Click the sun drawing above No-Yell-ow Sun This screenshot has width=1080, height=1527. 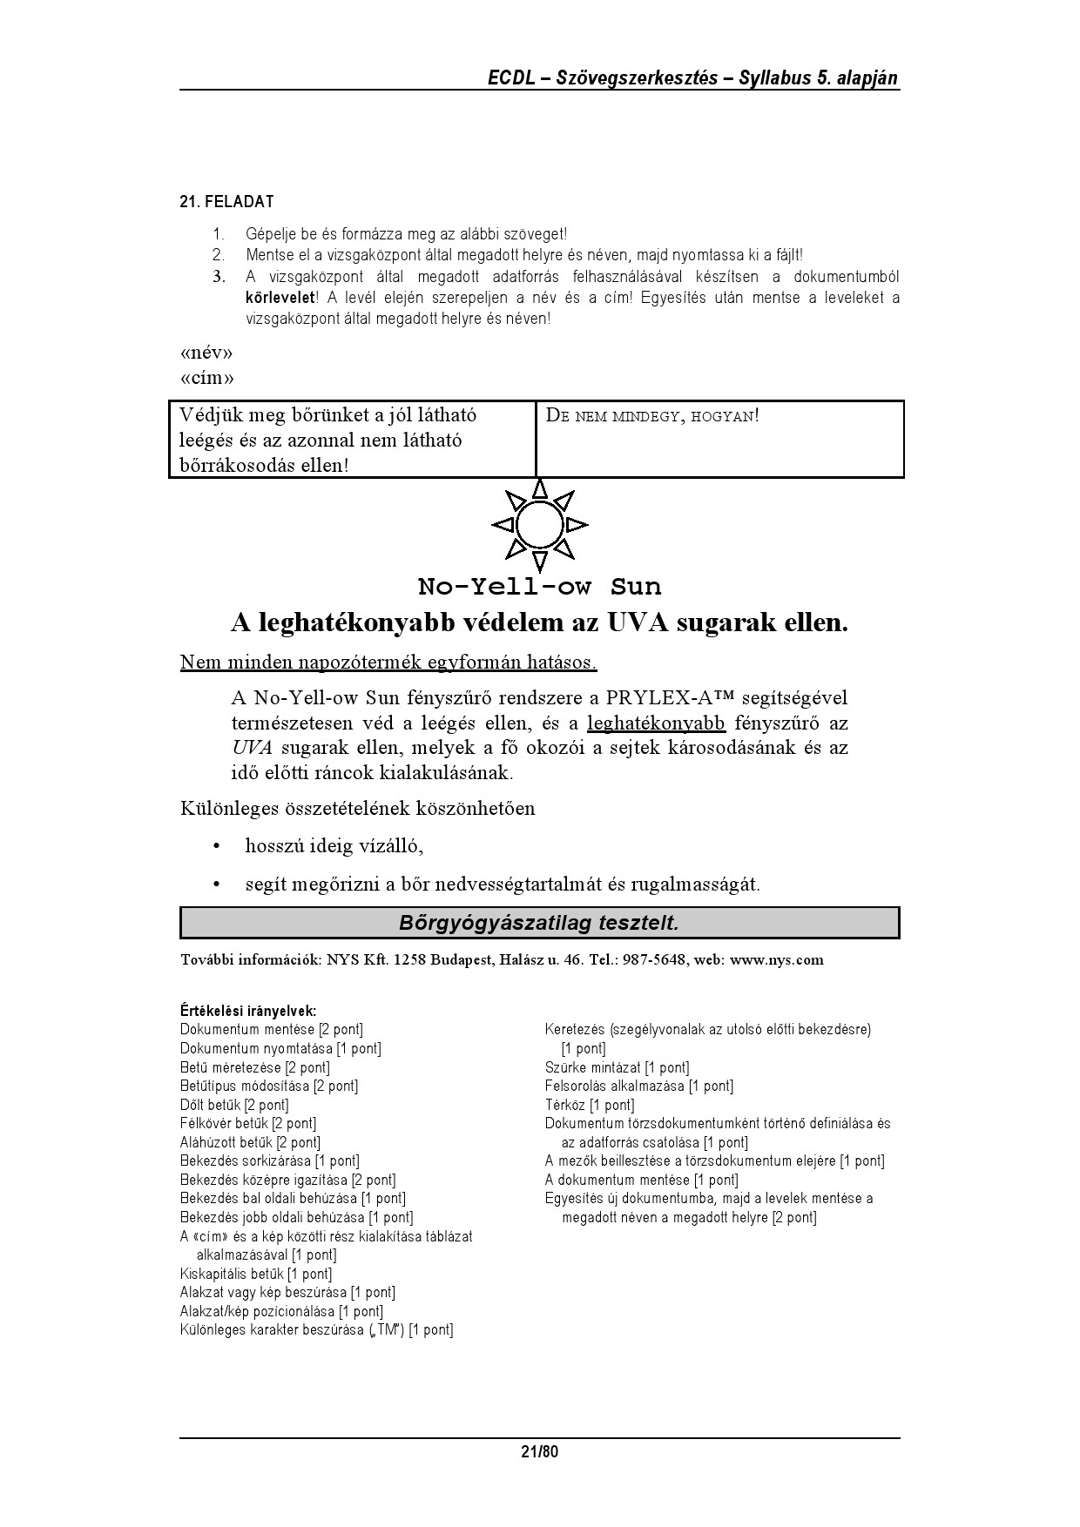540,525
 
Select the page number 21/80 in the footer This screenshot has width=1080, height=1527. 539,1451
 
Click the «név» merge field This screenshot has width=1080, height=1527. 206,353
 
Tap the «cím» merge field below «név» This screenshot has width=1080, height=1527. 206,378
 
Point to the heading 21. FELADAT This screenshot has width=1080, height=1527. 226,202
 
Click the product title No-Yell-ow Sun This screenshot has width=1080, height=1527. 539,586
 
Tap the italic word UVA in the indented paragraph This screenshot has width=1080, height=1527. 253,748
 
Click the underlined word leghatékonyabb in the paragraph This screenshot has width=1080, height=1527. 656,723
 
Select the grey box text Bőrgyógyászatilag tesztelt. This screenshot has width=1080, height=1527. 539,923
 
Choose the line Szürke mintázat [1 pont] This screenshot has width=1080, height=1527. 617,1067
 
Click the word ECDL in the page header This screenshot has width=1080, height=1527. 511,78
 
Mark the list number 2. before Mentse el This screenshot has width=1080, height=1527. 218,255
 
